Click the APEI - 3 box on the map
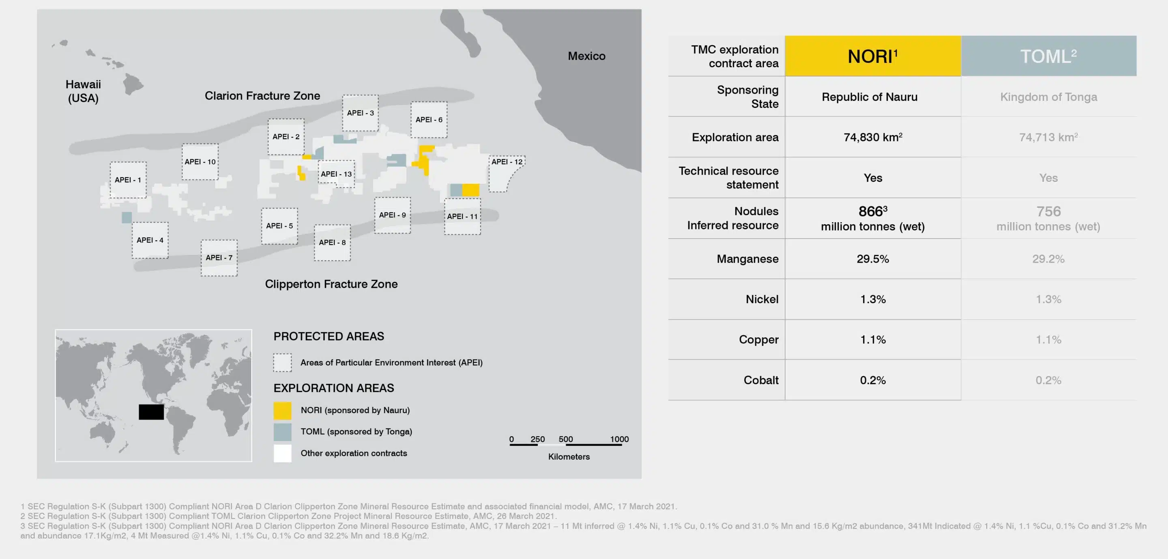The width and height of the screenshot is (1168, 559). click(361, 113)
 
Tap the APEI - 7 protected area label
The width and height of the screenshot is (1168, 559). click(219, 257)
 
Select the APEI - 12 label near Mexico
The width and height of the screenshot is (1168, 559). click(507, 162)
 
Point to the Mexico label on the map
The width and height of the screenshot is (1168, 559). click(586, 56)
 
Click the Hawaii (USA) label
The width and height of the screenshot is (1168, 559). click(83, 91)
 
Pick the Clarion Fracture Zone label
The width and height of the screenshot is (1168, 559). click(262, 96)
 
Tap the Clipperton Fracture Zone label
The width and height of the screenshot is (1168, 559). click(331, 284)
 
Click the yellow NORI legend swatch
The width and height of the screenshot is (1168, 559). click(282, 410)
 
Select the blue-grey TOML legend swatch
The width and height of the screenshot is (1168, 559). click(282, 432)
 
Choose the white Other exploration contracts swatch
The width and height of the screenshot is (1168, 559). click(282, 453)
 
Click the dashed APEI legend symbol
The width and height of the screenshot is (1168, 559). click(282, 362)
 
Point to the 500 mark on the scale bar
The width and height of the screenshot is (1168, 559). click(565, 439)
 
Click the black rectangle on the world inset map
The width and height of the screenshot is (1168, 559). click(151, 412)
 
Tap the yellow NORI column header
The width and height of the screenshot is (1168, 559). click(872, 56)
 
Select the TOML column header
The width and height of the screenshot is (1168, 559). click(1048, 56)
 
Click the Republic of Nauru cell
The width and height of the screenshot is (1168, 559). click(869, 97)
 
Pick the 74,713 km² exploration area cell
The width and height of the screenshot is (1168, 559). click(1048, 137)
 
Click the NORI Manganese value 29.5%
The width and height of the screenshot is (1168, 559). click(872, 259)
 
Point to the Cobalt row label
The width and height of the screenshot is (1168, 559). click(760, 380)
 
